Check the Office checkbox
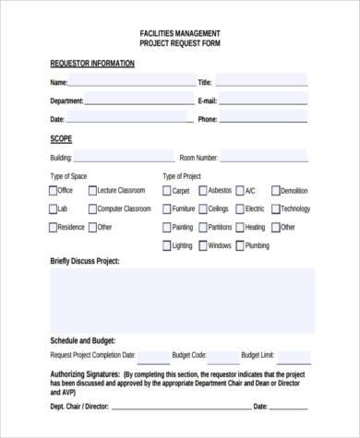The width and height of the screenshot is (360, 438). pos(53,191)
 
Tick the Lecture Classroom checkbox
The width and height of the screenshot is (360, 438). pos(92,191)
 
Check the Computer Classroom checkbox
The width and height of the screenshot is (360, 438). pos(92,209)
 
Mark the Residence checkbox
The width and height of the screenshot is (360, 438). pos(53,228)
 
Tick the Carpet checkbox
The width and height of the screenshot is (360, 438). pos(166,191)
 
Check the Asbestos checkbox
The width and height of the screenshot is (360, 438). pos(202,191)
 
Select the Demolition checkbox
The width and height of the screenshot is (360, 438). pos(275,191)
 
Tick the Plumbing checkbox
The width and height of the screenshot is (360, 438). pos(239,246)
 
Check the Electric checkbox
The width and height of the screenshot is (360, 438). pos(239,209)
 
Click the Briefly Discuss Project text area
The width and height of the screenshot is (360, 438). pos(181,300)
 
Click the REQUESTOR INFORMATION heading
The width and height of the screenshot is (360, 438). pos(92,64)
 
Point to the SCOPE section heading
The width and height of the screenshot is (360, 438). pos(60,138)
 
